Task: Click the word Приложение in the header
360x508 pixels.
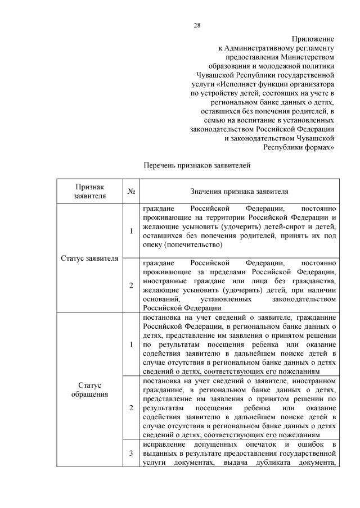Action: (x=313, y=39)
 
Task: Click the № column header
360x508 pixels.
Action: (x=131, y=191)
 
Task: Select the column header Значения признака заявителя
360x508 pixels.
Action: (x=239, y=191)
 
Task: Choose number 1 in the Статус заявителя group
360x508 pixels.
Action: (x=131, y=231)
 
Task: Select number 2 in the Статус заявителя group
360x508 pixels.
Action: (x=131, y=285)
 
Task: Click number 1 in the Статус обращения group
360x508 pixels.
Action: (x=131, y=344)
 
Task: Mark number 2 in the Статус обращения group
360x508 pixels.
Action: (x=131, y=407)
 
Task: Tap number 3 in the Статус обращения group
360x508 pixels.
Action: (x=131, y=455)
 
